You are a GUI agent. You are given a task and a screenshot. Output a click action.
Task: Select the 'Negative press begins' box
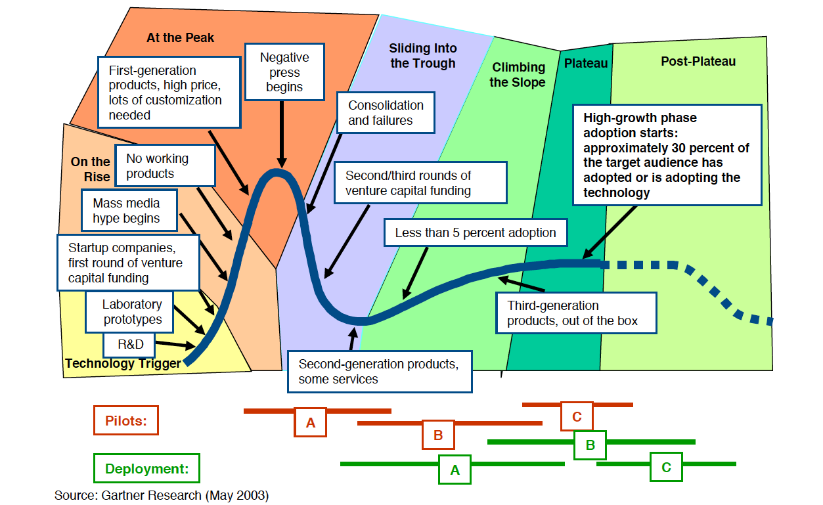[x=284, y=72]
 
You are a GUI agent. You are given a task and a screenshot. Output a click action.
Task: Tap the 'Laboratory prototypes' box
[x=131, y=313]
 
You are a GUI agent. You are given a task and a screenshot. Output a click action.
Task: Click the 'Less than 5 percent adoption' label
[x=475, y=233]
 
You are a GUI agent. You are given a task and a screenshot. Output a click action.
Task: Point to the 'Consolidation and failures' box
[x=386, y=113]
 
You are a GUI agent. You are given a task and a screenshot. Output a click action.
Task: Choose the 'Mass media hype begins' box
[x=130, y=211]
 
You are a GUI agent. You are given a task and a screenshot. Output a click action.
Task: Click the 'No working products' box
[x=166, y=166]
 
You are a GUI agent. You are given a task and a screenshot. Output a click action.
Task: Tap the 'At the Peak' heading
[x=180, y=37]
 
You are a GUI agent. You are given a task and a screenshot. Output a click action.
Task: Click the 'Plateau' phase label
[x=586, y=63]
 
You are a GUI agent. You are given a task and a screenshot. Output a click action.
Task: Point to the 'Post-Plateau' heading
[x=698, y=62]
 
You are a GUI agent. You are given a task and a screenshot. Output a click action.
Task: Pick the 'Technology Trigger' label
[x=122, y=363]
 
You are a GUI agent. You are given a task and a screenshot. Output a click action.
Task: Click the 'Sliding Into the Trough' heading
[x=422, y=56]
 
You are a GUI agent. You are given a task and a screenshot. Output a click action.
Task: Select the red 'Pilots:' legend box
[x=125, y=421]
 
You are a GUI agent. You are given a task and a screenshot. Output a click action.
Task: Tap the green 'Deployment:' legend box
[x=146, y=469]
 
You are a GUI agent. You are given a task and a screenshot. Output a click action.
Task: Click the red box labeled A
[x=310, y=423]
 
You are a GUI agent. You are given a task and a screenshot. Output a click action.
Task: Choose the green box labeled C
[x=666, y=468]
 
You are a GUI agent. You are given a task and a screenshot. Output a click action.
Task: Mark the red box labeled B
[x=438, y=435]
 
